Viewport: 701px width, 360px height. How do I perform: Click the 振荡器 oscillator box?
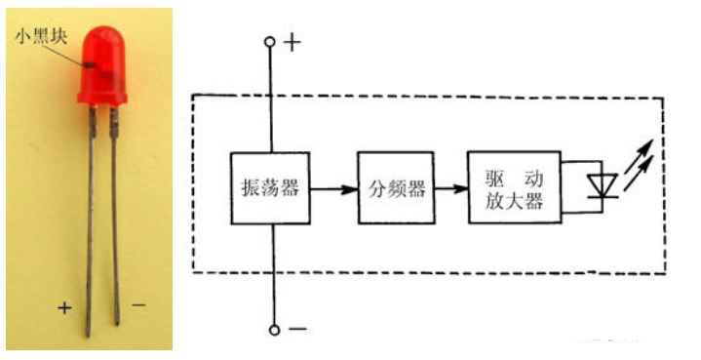(x=268, y=189)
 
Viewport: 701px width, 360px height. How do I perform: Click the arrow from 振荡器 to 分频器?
(x=331, y=189)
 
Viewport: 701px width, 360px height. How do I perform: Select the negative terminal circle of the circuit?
(x=274, y=330)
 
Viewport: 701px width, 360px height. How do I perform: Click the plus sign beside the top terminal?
(x=292, y=42)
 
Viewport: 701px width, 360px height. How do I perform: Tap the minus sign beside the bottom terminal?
(x=297, y=330)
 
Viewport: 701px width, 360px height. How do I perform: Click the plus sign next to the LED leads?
(x=64, y=307)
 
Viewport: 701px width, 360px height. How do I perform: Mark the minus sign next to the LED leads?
(x=138, y=305)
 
